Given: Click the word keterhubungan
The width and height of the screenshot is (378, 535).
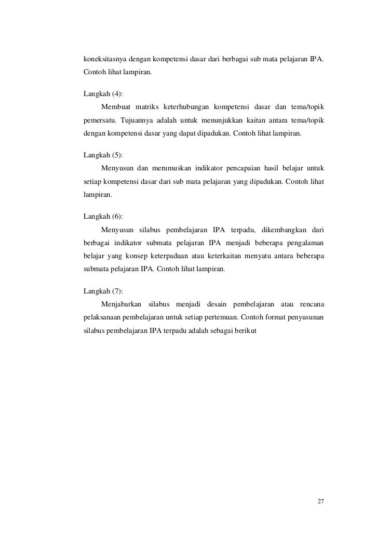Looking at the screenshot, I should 195,108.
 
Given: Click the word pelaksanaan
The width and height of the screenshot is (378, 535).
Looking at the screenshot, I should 104,317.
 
